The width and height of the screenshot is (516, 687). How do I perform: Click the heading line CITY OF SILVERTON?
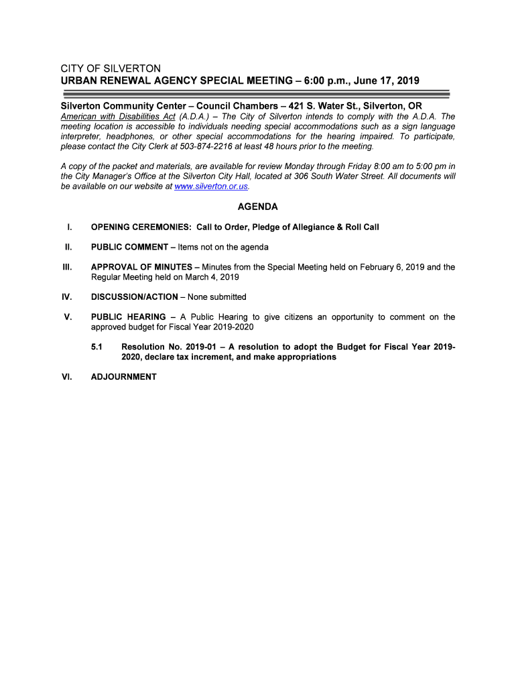(111, 69)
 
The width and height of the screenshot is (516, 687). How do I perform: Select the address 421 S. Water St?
(324, 107)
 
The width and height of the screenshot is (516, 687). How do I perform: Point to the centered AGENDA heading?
(257, 207)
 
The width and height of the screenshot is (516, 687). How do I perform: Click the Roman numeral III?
(67, 267)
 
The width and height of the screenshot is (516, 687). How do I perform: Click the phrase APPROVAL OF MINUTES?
(141, 267)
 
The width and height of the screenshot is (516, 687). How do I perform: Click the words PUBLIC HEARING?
(128, 317)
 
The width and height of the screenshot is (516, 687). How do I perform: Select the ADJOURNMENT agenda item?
(123, 377)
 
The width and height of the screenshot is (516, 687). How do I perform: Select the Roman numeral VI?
(67, 377)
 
